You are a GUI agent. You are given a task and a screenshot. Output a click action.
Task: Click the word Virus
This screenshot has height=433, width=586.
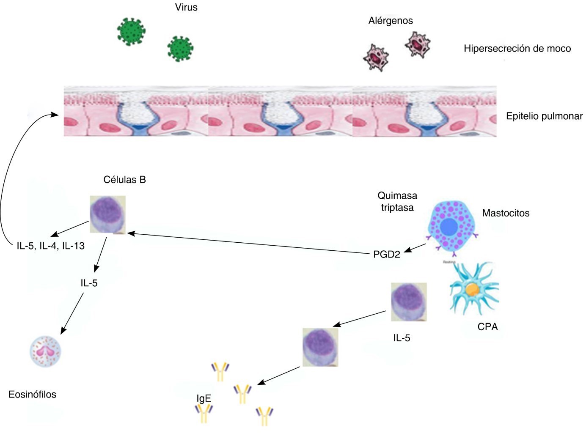point(186,8)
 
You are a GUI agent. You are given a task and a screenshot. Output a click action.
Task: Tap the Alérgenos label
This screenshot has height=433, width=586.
point(390,21)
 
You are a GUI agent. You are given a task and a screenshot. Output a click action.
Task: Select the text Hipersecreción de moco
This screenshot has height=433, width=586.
point(517,49)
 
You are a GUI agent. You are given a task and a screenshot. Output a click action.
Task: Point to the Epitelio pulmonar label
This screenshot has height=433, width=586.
point(544,116)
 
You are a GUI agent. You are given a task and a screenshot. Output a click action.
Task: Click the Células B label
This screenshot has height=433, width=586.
point(124,180)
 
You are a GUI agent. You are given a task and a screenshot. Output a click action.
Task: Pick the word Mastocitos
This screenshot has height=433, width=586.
point(506,213)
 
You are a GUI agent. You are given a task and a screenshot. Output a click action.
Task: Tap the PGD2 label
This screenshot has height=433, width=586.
point(386,255)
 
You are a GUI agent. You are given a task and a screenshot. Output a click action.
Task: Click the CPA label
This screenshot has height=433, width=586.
point(487,327)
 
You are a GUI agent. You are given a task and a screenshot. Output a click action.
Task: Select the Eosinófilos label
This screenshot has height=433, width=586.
point(33,395)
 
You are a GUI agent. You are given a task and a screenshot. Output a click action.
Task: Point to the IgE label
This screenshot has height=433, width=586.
point(204,398)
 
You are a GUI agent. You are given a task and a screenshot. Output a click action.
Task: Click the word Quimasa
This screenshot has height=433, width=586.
point(397,196)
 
